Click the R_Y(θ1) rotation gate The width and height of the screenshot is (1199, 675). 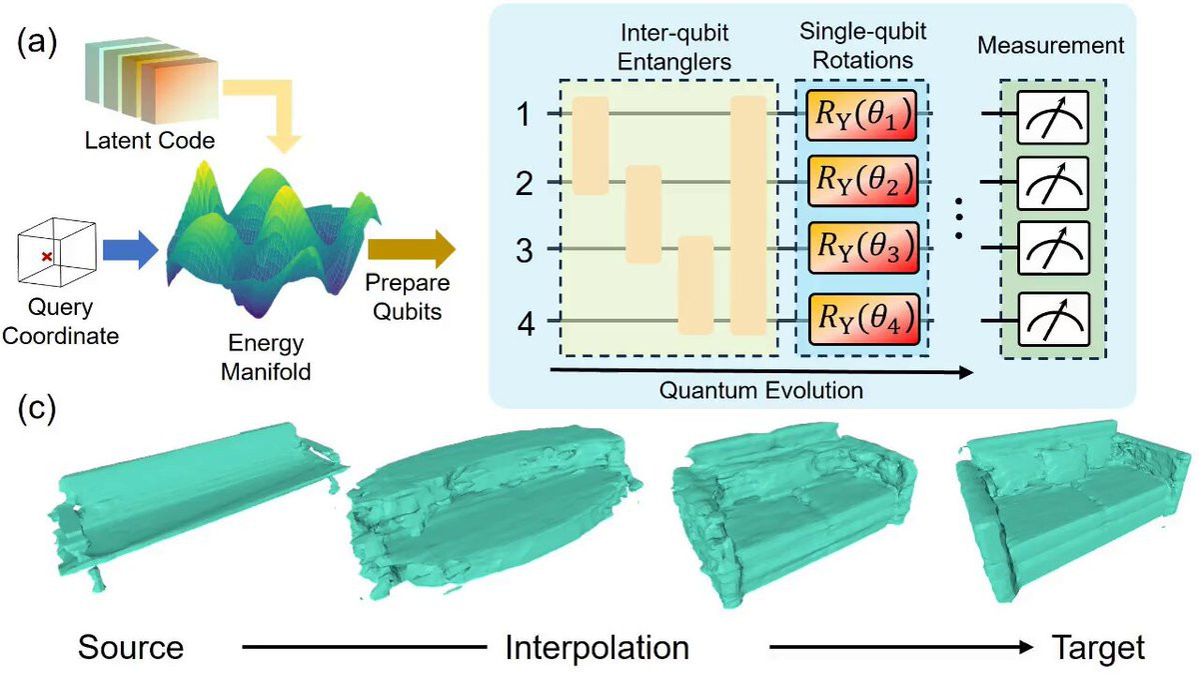[861, 115]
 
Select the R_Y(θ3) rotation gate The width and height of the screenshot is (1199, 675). [863, 247]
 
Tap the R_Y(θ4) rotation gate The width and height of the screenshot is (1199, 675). [863, 319]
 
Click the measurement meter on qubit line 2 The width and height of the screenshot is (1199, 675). [1053, 183]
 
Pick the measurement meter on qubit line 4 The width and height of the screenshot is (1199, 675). [1053, 319]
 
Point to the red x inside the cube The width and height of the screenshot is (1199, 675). [47, 257]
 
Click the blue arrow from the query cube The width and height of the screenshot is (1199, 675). [130, 250]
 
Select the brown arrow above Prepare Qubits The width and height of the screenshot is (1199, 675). [411, 249]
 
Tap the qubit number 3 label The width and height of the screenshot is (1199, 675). [524, 250]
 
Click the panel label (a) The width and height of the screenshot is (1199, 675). [36, 43]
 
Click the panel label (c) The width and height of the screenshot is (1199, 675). [36, 410]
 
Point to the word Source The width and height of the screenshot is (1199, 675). [131, 647]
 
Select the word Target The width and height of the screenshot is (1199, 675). [1098, 648]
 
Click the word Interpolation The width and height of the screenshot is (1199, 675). [597, 648]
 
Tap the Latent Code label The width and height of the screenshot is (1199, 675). [150, 140]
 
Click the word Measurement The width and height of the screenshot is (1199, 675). [1051, 46]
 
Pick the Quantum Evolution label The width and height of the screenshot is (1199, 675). [760, 390]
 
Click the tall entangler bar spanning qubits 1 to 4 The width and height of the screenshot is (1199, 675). [748, 216]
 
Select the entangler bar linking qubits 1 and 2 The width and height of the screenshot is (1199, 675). [591, 145]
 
